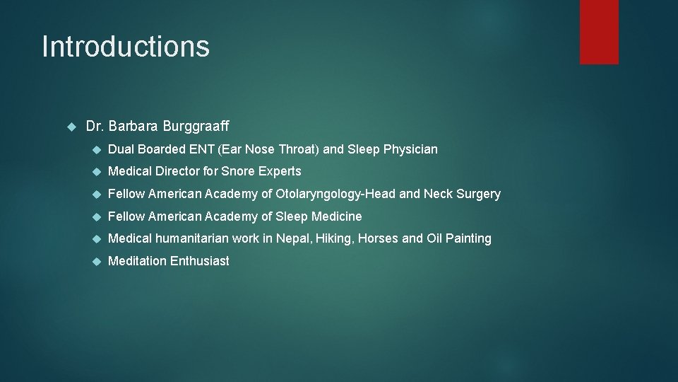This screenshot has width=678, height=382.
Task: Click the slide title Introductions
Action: tap(126, 47)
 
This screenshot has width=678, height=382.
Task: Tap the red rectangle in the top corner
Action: tap(599, 32)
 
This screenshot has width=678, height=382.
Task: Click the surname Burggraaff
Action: tap(196, 127)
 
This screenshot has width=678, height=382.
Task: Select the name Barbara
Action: tap(133, 127)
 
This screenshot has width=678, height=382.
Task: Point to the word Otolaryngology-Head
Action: tap(335, 194)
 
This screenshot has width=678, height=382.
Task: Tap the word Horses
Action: tap(378, 238)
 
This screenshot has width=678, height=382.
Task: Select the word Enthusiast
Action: tap(200, 261)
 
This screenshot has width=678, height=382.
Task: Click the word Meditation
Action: tap(137, 261)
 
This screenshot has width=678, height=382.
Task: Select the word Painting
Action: tap(468, 238)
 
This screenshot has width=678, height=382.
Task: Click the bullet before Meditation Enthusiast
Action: tap(97, 261)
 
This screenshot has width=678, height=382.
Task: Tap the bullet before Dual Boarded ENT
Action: tap(97, 149)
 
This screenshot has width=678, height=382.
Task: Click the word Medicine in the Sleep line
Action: tap(337, 216)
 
